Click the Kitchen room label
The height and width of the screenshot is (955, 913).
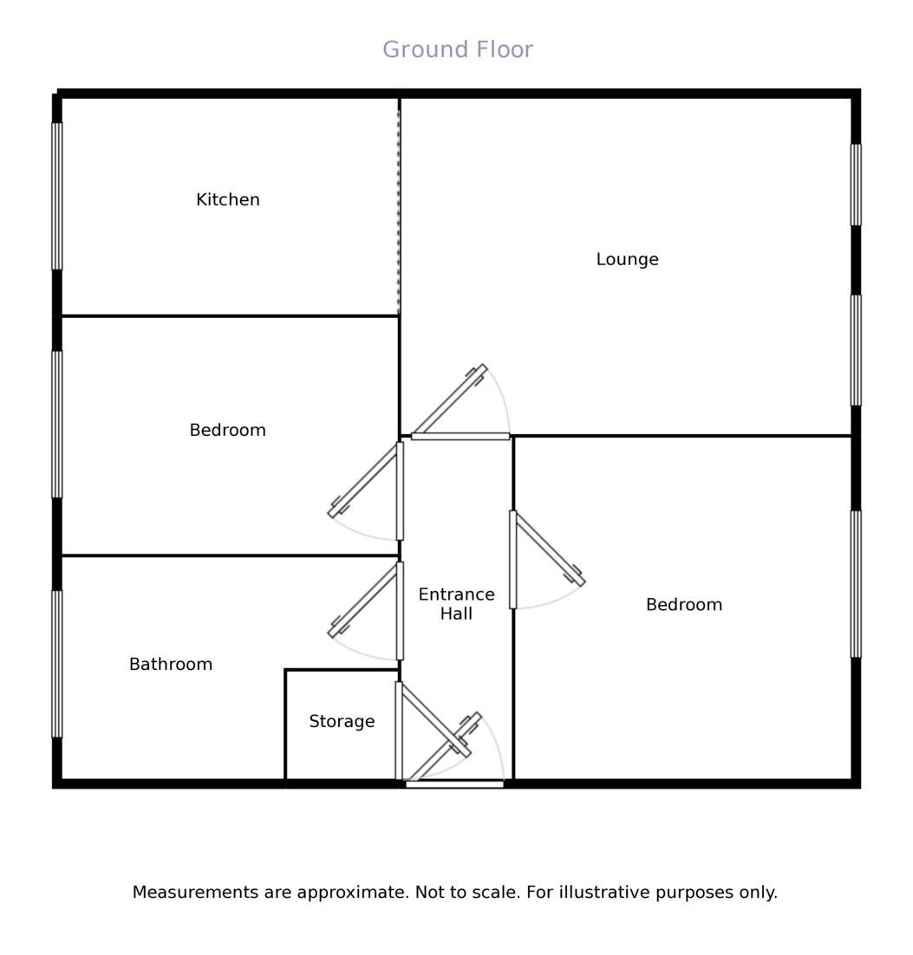pos(228,200)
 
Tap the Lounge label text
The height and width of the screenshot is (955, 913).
pos(627,259)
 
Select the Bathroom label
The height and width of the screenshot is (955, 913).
pos(171,664)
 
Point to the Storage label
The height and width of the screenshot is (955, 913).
pos(342,722)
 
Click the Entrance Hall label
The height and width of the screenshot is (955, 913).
pos(456,603)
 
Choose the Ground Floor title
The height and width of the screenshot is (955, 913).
pos(458,49)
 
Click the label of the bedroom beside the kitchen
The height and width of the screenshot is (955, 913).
pos(228,430)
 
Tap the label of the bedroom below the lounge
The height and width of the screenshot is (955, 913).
pos(684,605)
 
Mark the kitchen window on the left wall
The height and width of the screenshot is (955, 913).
pos(56,196)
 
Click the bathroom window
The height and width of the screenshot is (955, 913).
pos(56,664)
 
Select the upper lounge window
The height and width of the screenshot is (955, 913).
pos(856,185)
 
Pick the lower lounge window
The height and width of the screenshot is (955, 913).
pos(856,350)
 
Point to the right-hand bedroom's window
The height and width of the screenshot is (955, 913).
pos(856,584)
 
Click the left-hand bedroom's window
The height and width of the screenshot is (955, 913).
pos(56,425)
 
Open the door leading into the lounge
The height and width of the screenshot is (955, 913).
pos(460,436)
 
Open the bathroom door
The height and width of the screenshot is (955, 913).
pos(400,611)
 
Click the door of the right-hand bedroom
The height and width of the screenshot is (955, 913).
pos(513,560)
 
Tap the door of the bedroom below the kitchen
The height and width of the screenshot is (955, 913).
pos(400,490)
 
